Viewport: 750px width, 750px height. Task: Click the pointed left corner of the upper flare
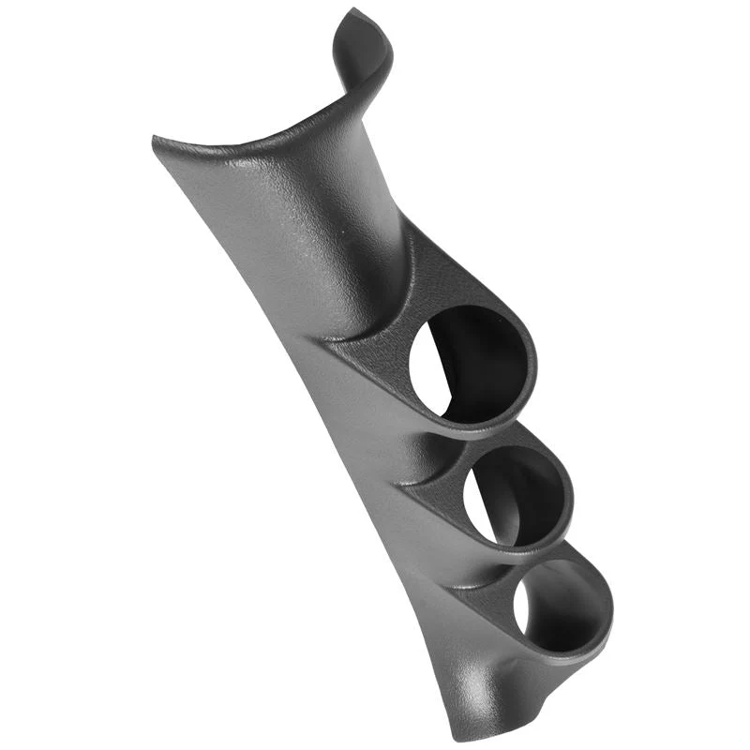pos(156,141)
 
